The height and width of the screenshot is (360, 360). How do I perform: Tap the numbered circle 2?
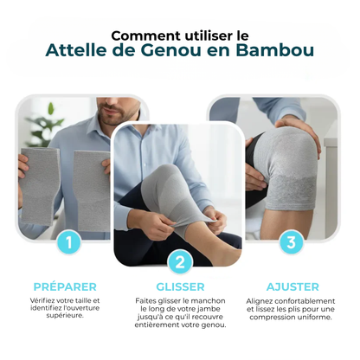pos(180,262)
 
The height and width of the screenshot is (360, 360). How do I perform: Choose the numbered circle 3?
pos(290,242)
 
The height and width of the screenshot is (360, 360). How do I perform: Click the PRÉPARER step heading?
pos(65,286)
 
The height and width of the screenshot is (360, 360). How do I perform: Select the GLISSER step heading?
pos(180,286)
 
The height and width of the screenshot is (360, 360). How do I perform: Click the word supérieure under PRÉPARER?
pos(65,316)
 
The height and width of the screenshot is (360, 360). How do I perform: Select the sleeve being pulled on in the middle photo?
pos(170,186)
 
